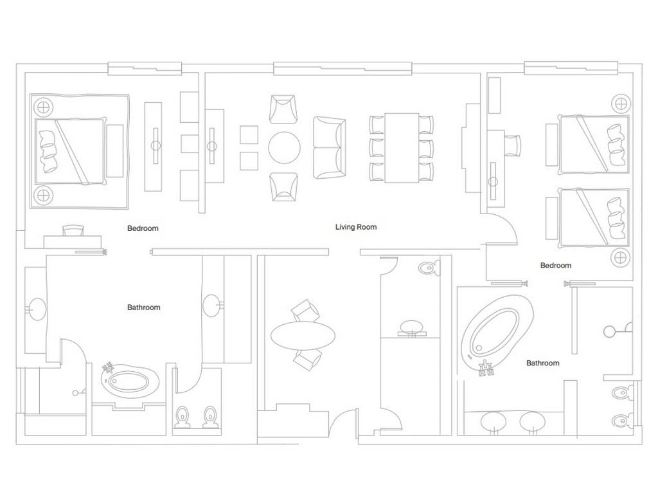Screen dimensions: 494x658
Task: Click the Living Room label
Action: coord(355,227)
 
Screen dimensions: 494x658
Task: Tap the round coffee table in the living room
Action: coord(284,147)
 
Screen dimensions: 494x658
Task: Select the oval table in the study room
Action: coord(303,335)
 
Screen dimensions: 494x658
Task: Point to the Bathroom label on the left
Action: coord(143,307)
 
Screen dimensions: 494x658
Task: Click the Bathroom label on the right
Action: coord(542,363)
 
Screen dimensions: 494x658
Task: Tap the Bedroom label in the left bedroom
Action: coord(142,228)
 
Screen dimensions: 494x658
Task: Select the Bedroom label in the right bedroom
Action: coord(555,266)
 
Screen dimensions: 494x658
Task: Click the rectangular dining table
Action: coord(402,148)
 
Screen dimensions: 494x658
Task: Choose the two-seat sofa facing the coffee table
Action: coord(328,148)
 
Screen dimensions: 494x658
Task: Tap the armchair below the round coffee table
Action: coord(284,187)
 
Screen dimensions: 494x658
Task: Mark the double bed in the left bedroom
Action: coord(71,151)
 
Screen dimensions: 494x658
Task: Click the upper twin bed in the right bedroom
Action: coord(592,145)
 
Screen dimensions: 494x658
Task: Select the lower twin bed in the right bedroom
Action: coord(592,217)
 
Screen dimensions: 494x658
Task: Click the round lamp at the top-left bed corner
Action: coord(43,106)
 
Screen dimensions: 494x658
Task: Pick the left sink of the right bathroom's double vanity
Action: coord(493,421)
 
